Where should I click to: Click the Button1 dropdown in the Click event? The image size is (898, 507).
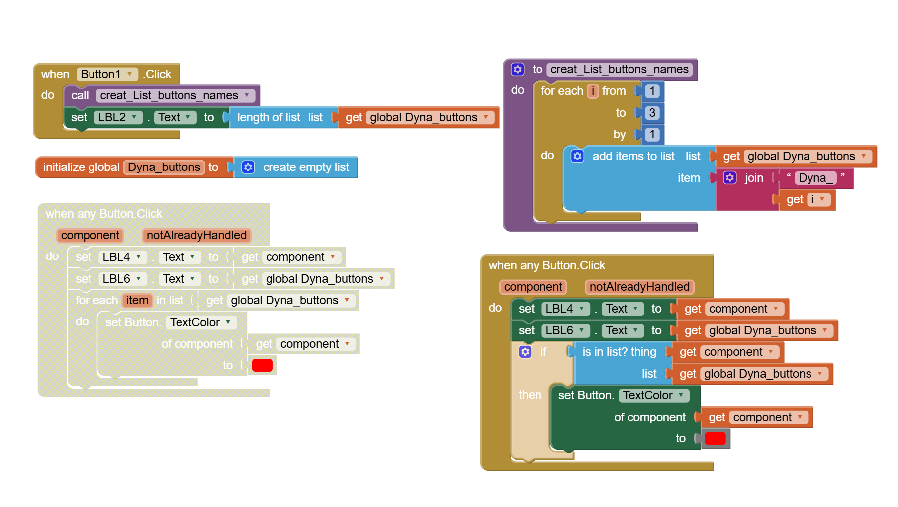click(107, 74)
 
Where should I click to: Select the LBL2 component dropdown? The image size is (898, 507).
click(117, 117)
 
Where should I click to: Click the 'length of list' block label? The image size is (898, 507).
click(269, 117)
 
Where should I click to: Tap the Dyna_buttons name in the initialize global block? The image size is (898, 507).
click(164, 167)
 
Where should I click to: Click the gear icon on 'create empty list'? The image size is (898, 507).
click(248, 167)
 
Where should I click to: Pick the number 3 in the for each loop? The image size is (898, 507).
click(652, 113)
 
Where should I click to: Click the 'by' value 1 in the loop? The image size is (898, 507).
click(652, 134)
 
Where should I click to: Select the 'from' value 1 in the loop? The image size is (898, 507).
click(652, 91)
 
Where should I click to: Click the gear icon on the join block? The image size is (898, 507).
click(730, 178)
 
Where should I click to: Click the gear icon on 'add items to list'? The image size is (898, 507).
click(577, 156)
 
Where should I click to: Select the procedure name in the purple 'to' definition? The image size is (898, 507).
click(620, 70)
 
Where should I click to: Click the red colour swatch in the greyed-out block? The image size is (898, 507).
click(263, 365)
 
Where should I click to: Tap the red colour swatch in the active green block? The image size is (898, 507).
click(715, 438)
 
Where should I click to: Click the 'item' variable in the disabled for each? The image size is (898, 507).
click(137, 300)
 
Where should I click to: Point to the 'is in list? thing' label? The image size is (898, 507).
click(619, 352)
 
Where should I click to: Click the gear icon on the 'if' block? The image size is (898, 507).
click(525, 352)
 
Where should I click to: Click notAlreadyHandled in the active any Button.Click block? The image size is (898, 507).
click(639, 287)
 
